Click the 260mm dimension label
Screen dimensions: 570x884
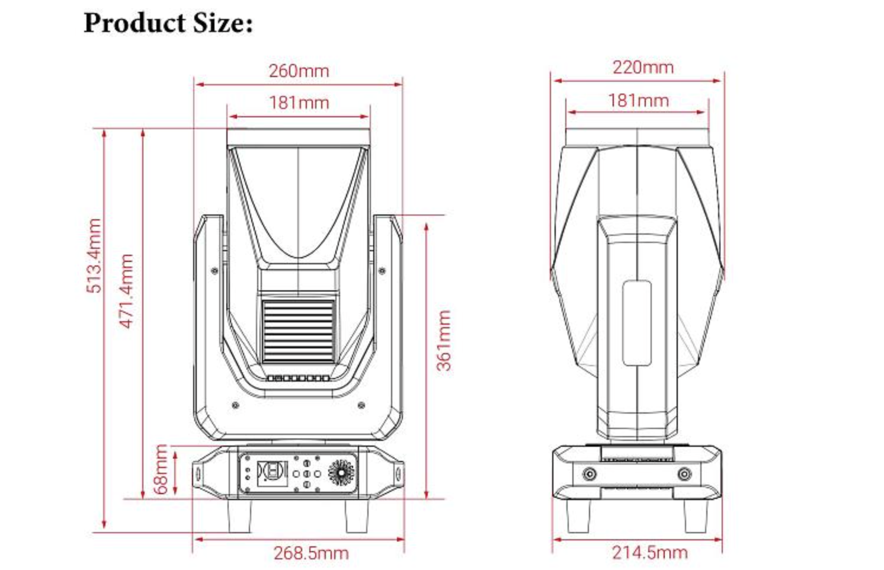click(x=299, y=71)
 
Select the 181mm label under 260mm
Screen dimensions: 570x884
click(x=299, y=103)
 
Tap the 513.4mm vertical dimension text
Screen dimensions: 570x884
click(x=94, y=255)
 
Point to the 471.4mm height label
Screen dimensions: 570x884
click(x=126, y=290)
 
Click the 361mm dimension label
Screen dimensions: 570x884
click(x=444, y=340)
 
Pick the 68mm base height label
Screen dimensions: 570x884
click(x=161, y=469)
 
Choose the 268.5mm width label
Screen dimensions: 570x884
click(x=310, y=553)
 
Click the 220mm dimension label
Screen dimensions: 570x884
click(x=643, y=68)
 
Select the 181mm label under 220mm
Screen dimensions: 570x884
click(x=638, y=101)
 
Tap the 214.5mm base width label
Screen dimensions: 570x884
click(x=649, y=553)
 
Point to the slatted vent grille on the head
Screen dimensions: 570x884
click(x=298, y=331)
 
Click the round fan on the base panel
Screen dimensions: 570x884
click(x=341, y=473)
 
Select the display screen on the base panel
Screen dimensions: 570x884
click(x=272, y=472)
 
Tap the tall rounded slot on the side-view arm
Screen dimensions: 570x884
click(x=637, y=323)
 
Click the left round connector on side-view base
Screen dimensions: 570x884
click(x=590, y=474)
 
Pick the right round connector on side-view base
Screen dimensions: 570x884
click(x=684, y=474)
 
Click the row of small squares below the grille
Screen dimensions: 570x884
click(x=298, y=378)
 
